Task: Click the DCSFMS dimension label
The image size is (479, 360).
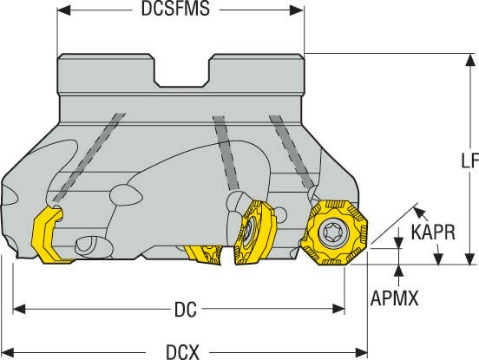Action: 175,9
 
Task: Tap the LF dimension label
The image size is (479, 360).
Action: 469,160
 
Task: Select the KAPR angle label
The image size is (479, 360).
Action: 433,232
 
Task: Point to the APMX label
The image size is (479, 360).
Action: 394,298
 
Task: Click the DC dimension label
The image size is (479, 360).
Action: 186,310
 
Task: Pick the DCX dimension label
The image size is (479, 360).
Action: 183,352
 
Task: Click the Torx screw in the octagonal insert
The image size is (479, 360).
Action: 332,232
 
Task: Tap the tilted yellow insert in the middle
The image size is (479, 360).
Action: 255,232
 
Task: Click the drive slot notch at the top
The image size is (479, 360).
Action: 181,71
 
